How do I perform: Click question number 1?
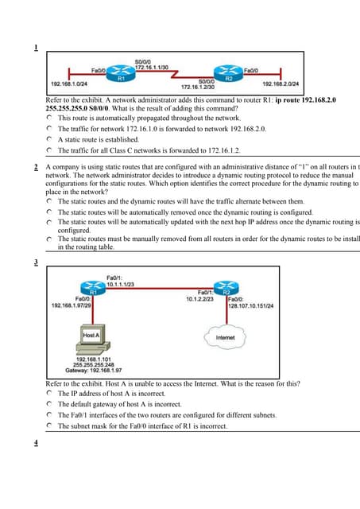pyautogui.click(x=36, y=48)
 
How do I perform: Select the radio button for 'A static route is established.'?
pyautogui.click(x=50, y=138)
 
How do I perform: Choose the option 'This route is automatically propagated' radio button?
pyautogui.click(x=50, y=118)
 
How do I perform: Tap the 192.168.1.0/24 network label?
pyautogui.click(x=69, y=84)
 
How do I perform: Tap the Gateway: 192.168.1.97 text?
pyautogui.click(x=106, y=370)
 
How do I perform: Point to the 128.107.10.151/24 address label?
pyautogui.click(x=250, y=304)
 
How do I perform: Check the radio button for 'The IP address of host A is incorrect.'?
pyautogui.click(x=50, y=394)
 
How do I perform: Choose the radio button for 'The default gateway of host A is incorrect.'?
pyautogui.click(x=50, y=404)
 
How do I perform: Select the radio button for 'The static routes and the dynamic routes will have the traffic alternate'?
pyautogui.click(x=50, y=202)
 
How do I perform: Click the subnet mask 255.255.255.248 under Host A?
pyautogui.click(x=106, y=364)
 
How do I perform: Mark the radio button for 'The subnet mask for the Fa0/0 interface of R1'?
pyautogui.click(x=50, y=425)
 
